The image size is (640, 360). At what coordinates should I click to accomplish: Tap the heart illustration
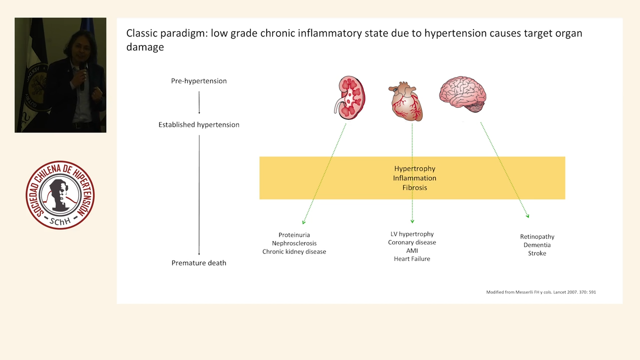click(x=405, y=101)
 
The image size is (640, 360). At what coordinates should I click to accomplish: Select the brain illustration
click(x=462, y=94)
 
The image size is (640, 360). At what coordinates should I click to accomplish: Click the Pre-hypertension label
click(x=199, y=81)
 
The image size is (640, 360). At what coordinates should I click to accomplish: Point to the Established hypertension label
click(x=199, y=124)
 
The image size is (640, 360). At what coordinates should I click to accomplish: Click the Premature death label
click(x=199, y=263)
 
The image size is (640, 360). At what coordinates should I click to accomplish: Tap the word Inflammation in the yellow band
click(x=414, y=178)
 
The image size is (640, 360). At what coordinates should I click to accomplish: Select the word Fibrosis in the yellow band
click(x=414, y=187)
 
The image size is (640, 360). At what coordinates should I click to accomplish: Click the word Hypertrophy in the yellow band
click(x=414, y=168)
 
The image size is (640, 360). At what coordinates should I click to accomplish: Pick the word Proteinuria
click(x=294, y=235)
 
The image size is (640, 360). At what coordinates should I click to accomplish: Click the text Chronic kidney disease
click(x=294, y=251)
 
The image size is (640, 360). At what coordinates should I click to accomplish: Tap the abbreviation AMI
click(x=412, y=250)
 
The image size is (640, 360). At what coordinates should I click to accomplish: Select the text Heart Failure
click(x=412, y=259)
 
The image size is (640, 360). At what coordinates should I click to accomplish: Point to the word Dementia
click(x=537, y=245)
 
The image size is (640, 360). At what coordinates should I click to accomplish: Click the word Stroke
click(x=537, y=253)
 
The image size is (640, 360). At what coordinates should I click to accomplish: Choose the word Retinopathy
click(x=537, y=236)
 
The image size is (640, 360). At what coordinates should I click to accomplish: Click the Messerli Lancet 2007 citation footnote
click(x=541, y=292)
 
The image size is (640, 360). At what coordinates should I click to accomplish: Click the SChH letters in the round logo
click(x=60, y=221)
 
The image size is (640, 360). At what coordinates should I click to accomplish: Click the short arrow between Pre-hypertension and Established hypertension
click(x=199, y=102)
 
